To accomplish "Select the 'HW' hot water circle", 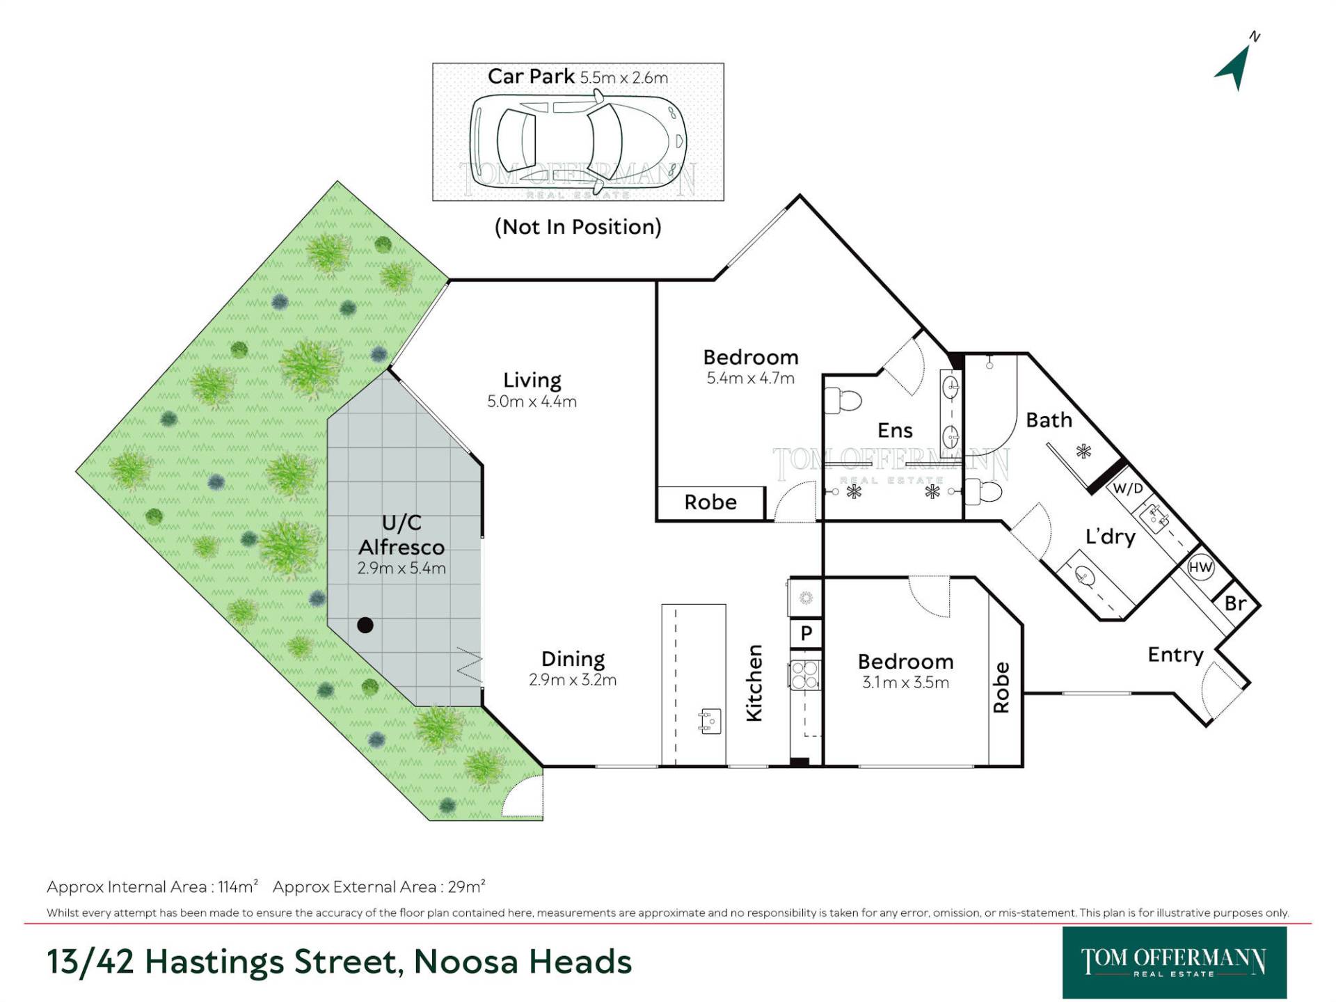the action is point(1200,567).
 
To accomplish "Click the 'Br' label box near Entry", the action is point(1235,603).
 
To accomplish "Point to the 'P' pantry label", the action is point(806,633).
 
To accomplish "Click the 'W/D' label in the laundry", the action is point(1128,488).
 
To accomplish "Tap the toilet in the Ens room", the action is point(843,400).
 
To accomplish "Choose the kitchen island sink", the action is point(709,720).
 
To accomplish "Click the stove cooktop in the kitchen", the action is point(805,674).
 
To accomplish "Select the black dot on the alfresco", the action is point(365,625).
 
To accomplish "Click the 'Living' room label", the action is point(532,380).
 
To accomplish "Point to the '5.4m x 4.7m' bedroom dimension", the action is point(750,379).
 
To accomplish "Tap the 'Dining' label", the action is point(573,659).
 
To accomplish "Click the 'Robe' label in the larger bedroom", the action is point(710,502).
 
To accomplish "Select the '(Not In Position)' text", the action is point(578,227).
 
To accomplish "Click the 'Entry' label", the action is point(1175,655).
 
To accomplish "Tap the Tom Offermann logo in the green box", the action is point(1174,962).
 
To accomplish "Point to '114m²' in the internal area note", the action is point(238,886).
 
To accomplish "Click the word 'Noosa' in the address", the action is point(466,962).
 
